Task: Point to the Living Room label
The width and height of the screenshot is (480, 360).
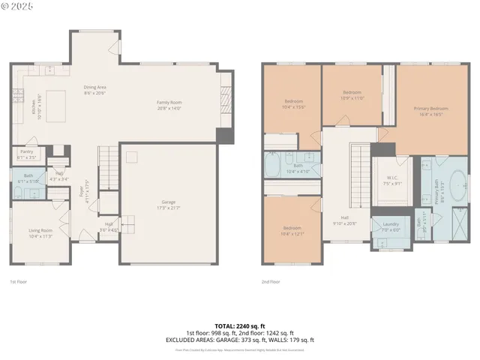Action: pyautogui.click(x=40, y=232)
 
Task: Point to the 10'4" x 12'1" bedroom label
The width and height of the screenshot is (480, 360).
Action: pyautogui.click(x=292, y=229)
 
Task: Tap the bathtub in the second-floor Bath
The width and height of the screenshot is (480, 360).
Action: pyautogui.click(x=272, y=163)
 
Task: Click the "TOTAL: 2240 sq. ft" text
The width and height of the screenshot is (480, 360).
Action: pyautogui.click(x=240, y=325)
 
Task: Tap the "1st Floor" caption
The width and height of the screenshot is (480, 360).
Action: pyautogui.click(x=18, y=282)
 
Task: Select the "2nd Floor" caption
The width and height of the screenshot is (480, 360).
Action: pyautogui.click(x=271, y=282)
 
